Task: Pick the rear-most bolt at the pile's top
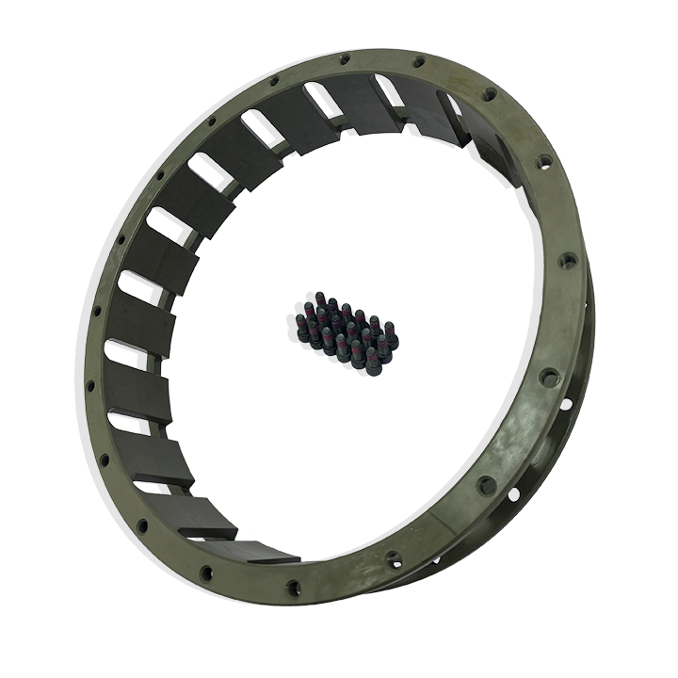[320, 300]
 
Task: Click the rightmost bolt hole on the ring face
[568, 260]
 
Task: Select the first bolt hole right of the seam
[486, 486]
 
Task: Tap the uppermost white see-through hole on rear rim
[566, 404]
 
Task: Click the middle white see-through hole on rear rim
[513, 492]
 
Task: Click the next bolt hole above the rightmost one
[543, 162]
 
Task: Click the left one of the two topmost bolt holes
[345, 59]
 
